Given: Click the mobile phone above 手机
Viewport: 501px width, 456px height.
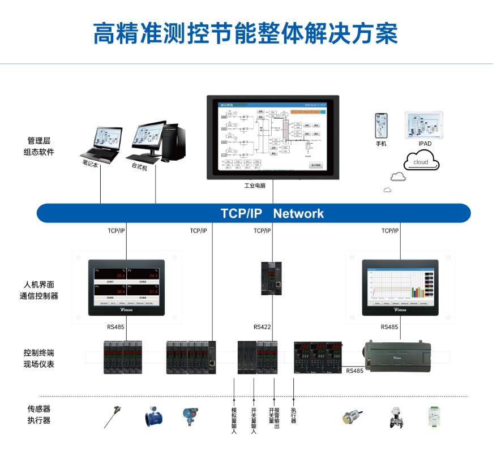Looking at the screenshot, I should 382,126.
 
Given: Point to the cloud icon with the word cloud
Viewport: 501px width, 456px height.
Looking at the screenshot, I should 421,162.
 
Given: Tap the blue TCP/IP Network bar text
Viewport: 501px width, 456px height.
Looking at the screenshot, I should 272,213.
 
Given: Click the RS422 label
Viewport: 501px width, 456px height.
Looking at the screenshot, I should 263,328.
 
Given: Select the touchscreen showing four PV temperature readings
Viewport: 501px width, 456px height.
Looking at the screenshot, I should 126,287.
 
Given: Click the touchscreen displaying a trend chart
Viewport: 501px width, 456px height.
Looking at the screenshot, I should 400,287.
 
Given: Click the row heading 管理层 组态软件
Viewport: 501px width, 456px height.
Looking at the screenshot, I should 39,146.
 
